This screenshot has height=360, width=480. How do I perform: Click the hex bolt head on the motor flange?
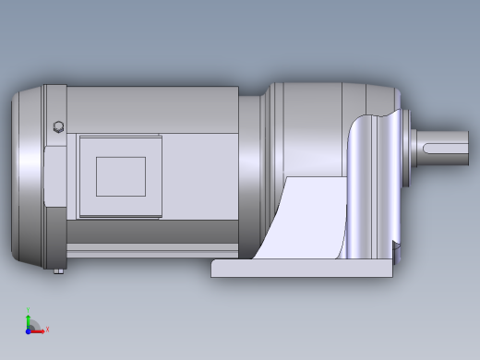pyautogui.click(x=60, y=127)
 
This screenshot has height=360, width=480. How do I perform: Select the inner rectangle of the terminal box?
pyautogui.click(x=121, y=176)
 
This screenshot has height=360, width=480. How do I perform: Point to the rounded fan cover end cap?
pyautogui.click(x=26, y=175)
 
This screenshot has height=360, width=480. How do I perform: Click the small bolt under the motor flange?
pyautogui.click(x=60, y=271)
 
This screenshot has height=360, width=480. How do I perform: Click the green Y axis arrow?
pyautogui.click(x=29, y=318)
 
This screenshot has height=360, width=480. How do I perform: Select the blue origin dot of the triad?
pyautogui.click(x=28, y=330)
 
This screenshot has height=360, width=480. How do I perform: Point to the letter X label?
pyautogui.click(x=47, y=329)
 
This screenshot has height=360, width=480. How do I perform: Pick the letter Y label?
pyautogui.click(x=29, y=311)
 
